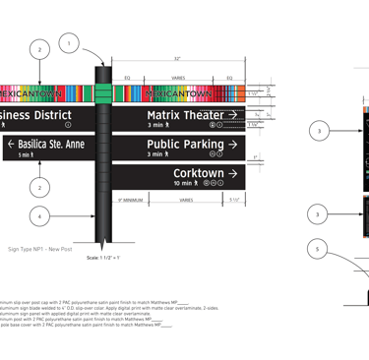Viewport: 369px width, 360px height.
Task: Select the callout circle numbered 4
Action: (38, 215)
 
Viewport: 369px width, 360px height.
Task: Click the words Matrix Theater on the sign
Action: (184, 116)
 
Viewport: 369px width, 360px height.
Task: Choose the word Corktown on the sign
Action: (205, 173)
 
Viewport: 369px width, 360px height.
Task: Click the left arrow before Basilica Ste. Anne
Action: (11, 145)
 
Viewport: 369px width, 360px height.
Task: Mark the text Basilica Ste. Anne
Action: (52, 145)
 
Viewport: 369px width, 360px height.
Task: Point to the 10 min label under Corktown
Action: (186, 184)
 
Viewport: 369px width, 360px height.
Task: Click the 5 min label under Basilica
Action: (25, 155)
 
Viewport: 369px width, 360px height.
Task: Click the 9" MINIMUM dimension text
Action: (131, 200)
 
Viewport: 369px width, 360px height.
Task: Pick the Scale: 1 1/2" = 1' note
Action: (103, 256)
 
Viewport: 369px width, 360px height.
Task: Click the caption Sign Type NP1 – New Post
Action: (40, 249)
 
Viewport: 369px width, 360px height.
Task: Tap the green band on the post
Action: (102, 93)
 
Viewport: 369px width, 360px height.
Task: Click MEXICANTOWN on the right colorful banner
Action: (177, 93)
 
